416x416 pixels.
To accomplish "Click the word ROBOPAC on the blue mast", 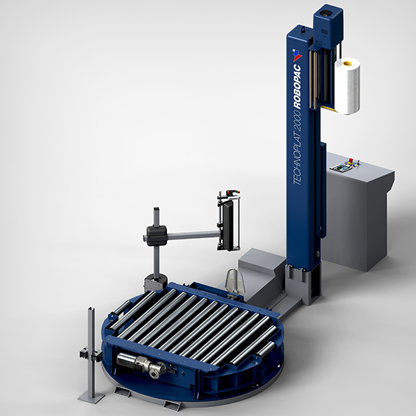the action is pyautogui.click(x=297, y=87).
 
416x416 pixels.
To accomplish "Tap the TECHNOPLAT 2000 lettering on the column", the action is pyautogui.click(x=297, y=148).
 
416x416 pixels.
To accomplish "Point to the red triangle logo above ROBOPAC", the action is pyautogui.click(x=297, y=55).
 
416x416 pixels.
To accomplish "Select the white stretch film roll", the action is pyautogui.click(x=347, y=86).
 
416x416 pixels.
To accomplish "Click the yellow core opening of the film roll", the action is pyautogui.click(x=347, y=63).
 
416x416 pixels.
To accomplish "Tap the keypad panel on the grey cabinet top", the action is pyautogui.click(x=345, y=166).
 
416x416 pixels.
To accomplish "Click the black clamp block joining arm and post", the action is pyautogui.click(x=157, y=235).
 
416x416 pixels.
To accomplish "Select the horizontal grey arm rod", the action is pyautogui.click(x=193, y=235).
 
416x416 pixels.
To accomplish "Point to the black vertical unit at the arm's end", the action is pyautogui.click(x=228, y=225).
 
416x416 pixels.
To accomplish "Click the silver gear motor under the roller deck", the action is pyautogui.click(x=142, y=363).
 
